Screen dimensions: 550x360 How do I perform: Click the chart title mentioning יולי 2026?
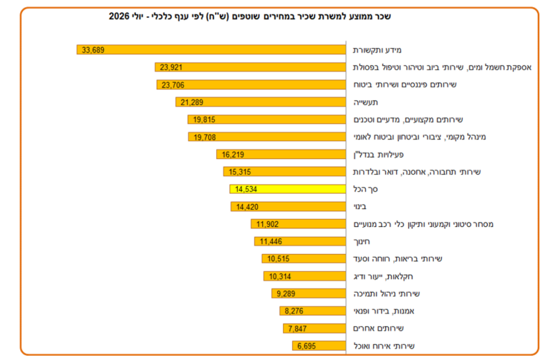[x=250, y=16]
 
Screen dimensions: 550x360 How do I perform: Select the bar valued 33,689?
[x=211, y=50]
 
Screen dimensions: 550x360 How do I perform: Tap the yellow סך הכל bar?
[x=288, y=189]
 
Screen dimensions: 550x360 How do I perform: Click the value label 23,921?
[x=171, y=67]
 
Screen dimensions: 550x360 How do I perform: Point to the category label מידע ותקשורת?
[x=377, y=50]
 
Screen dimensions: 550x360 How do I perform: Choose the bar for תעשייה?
[x=261, y=102]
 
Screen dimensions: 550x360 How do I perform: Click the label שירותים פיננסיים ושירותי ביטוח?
[x=405, y=84]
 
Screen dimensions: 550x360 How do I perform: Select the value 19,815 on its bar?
[x=204, y=120]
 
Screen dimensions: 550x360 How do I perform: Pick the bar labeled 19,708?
[x=267, y=137]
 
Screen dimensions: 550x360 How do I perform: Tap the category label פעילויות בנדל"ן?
[x=378, y=155]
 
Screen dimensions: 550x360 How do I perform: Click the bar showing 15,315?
[x=284, y=172]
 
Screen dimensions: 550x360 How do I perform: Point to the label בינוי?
[x=360, y=206]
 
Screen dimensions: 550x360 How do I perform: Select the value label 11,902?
[x=267, y=224]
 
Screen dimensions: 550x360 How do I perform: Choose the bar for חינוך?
[x=300, y=241]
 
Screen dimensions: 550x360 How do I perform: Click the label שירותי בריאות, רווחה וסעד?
[x=397, y=258]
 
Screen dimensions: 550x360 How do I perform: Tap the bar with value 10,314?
[x=304, y=276]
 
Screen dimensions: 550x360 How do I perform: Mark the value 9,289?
[x=286, y=293]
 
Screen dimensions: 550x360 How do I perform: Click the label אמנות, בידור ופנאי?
[x=384, y=311]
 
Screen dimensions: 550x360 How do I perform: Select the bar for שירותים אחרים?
[x=314, y=329]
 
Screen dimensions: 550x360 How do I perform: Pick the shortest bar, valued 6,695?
[x=319, y=346]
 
